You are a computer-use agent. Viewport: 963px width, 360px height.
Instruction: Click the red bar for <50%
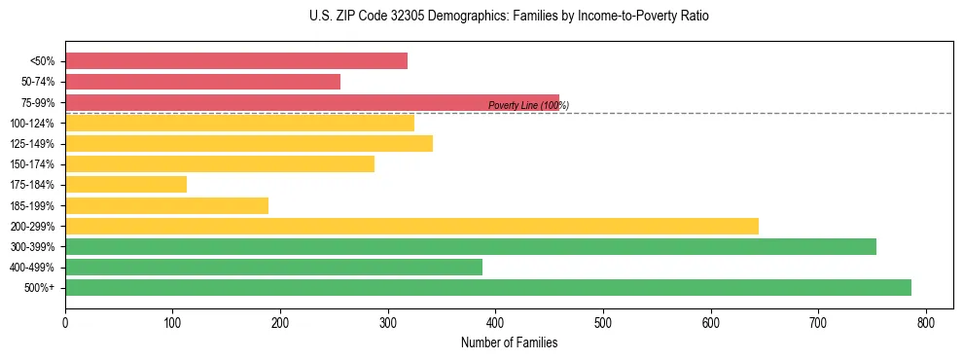point(236,61)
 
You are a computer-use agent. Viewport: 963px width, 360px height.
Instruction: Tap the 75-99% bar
point(312,102)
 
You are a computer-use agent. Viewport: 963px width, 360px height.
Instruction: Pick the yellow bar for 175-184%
point(125,185)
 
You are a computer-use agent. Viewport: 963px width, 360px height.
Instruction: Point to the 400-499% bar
point(273,267)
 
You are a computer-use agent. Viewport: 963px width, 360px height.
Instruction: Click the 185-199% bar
point(166,205)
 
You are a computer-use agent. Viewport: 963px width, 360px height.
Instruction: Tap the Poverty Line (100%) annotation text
point(528,105)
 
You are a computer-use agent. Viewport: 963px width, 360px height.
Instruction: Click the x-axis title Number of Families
point(509,342)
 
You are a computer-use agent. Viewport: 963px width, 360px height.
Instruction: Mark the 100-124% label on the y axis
point(32,124)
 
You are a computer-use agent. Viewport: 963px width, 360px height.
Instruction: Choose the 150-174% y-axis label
point(32,164)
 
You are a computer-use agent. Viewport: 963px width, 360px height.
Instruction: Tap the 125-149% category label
point(32,144)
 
